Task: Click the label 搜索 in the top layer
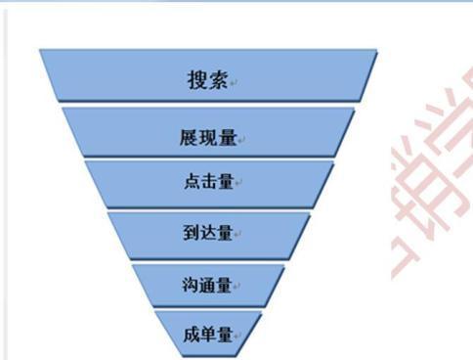[x=207, y=79]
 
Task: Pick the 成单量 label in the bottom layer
[x=205, y=335]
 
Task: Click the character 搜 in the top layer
[x=197, y=79]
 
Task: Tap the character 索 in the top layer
[x=218, y=79]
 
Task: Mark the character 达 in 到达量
[x=205, y=233]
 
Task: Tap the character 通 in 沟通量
[x=205, y=286]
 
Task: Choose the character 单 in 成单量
[x=206, y=335]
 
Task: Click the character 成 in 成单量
[x=190, y=335]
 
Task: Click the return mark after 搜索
[x=234, y=83]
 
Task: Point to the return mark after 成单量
[x=236, y=338]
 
